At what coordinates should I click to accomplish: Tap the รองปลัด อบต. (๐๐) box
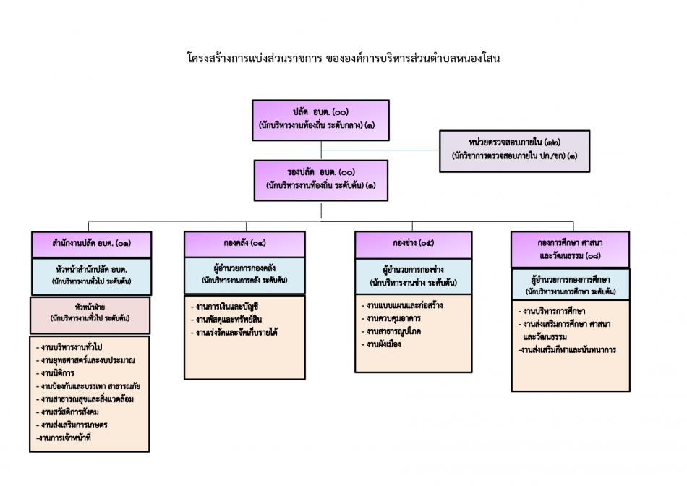click(x=321, y=179)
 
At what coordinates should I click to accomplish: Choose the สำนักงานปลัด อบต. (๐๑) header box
click(x=91, y=244)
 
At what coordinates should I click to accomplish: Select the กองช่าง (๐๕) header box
click(x=413, y=244)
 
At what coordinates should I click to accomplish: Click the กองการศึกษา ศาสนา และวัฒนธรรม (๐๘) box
click(x=569, y=250)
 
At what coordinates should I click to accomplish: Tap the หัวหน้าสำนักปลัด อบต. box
click(x=91, y=276)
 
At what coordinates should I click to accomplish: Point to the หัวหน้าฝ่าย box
click(x=90, y=313)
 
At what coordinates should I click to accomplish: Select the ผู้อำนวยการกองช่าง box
click(x=413, y=276)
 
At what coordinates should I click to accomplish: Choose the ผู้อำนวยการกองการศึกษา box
click(x=570, y=284)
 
